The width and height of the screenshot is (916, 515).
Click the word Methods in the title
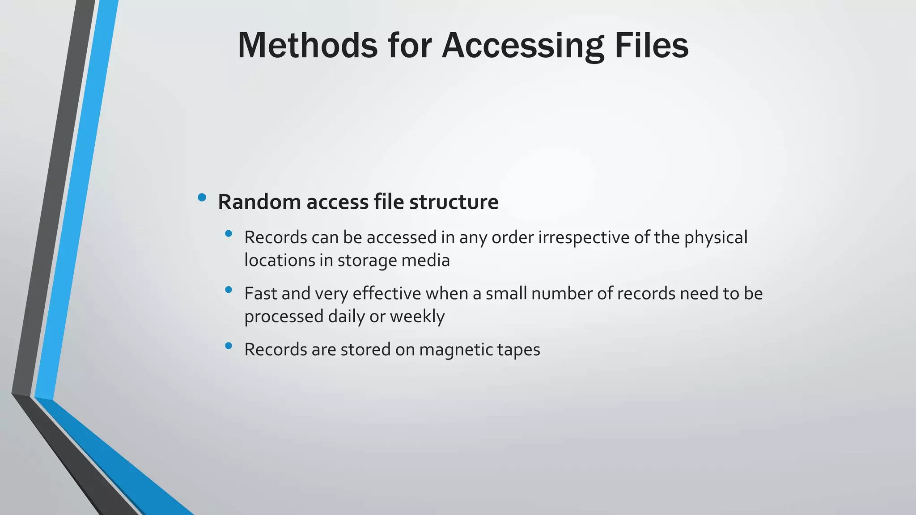(308, 45)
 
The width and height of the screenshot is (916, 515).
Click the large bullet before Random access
(202, 197)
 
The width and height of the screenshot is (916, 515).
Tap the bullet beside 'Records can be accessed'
(229, 233)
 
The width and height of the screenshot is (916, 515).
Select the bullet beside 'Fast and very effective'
(229, 290)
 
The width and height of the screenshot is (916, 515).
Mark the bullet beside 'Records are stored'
(229, 346)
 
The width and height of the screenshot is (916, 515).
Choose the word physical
(716, 237)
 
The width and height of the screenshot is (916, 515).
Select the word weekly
(417, 317)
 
